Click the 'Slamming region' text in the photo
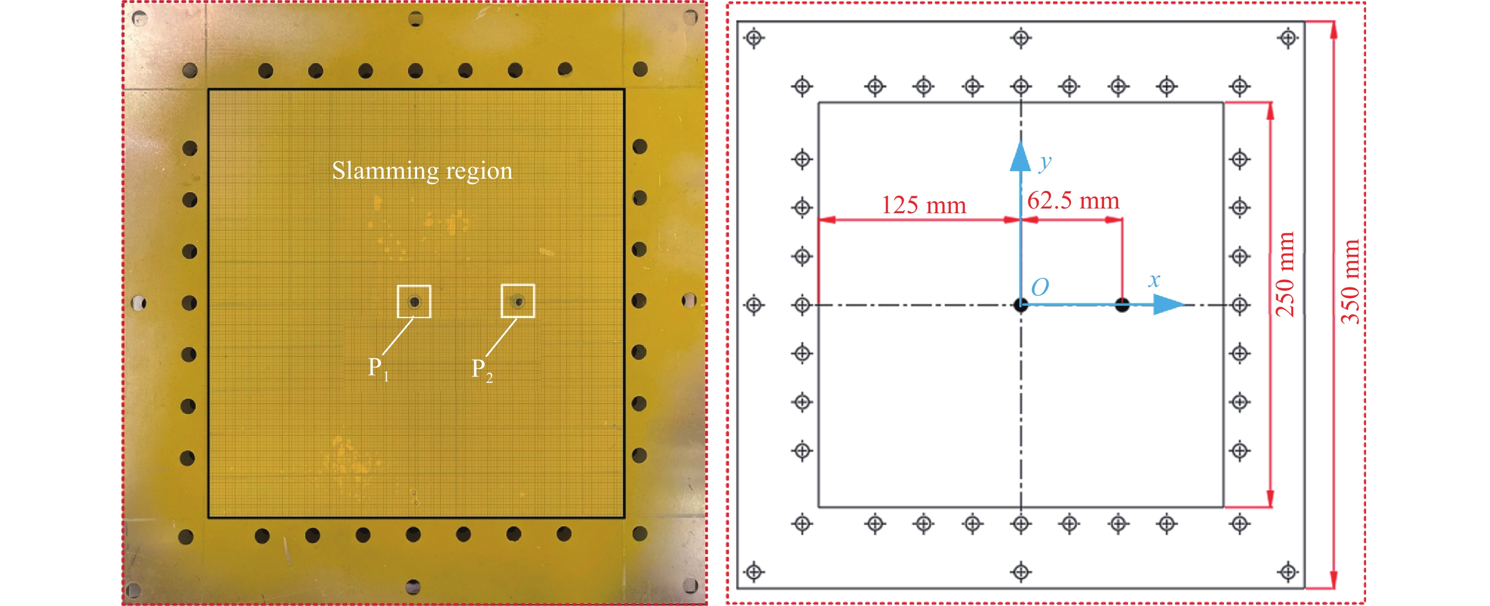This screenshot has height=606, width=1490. coord(422,171)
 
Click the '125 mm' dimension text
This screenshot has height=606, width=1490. coord(924,205)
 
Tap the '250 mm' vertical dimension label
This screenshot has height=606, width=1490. coord(1285,274)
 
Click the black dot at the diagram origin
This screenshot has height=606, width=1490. coord(1021,305)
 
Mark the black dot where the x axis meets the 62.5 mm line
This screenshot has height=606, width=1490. coord(1122,305)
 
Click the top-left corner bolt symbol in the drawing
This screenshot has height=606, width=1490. coord(754,38)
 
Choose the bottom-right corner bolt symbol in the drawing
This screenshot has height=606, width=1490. coord(1288,572)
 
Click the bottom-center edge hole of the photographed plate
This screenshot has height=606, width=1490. coord(413,587)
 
